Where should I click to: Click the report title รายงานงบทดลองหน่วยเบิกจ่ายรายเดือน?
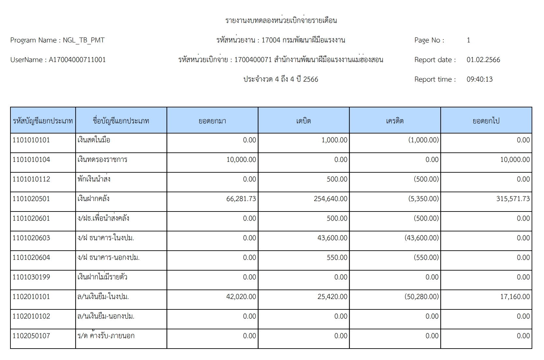coord(281,21)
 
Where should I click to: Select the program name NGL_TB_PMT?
coord(83,40)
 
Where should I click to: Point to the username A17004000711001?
coord(77,60)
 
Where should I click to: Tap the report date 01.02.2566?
coord(483,60)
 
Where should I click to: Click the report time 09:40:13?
coord(479,79)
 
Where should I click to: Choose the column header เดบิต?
coord(303,121)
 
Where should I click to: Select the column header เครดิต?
coord(395,121)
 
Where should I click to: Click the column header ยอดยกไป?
coord(486,121)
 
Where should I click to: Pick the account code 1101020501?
coord(31,199)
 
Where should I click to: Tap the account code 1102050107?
coord(31,336)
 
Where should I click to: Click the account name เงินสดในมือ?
coord(94,140)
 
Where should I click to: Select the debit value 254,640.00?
coord(330,199)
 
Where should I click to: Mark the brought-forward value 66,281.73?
coord(241,199)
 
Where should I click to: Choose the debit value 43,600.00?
coord(332,238)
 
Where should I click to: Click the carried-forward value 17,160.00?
coord(515,297)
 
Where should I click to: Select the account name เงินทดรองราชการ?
coord(102,160)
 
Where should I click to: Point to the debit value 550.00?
coord(337,258)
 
